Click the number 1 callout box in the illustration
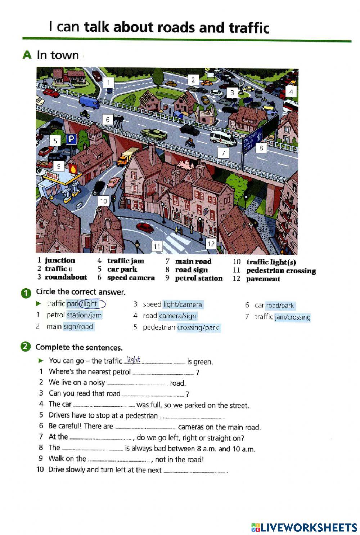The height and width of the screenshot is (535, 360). tap(109, 83)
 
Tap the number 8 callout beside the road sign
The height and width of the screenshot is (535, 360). tap(261, 148)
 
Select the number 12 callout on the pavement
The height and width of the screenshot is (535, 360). tap(211, 244)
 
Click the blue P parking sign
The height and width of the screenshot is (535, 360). tap(71, 139)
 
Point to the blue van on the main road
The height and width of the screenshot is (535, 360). tap(89, 102)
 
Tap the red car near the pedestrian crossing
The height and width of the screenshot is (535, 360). tap(145, 228)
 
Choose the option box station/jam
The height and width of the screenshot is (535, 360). tap(84, 315)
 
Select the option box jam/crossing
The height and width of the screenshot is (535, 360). tap(292, 317)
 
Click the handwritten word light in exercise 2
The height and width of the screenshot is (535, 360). tap(134, 359)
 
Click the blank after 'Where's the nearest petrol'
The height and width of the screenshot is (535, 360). tap(163, 373)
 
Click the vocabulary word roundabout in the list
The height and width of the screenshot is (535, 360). tap(66, 277)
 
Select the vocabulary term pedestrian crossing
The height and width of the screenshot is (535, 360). tap(281, 271)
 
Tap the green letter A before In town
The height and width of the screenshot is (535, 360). tap(27, 55)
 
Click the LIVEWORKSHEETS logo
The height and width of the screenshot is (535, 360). tap(304, 528)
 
